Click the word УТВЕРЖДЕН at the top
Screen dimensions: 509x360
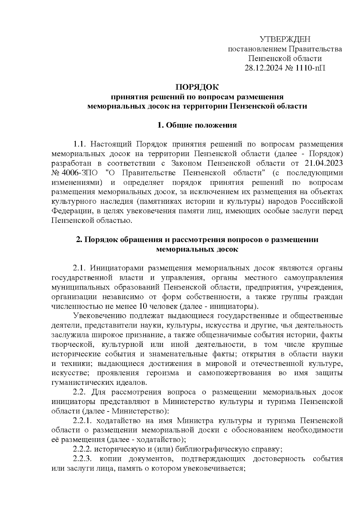[x=285, y=39]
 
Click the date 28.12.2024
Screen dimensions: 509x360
[x=261, y=68]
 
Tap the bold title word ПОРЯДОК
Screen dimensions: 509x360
[x=197, y=87]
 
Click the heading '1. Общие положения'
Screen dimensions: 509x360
[x=197, y=125]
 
